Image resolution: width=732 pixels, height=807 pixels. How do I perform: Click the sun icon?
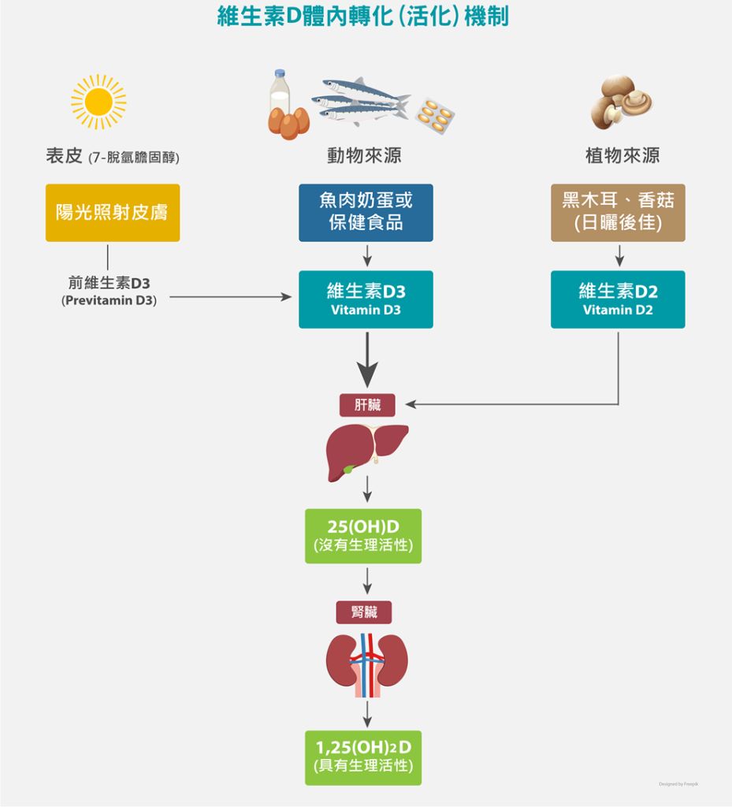pos(98,102)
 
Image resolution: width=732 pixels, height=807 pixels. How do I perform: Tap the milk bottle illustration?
pos(280,93)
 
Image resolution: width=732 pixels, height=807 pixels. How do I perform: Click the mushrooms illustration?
pos(621,102)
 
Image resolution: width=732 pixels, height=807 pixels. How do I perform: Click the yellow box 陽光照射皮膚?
pos(113,213)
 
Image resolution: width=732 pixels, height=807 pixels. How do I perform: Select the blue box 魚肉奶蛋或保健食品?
pos(366,213)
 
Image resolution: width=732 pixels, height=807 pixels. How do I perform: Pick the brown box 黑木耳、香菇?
pos(618,213)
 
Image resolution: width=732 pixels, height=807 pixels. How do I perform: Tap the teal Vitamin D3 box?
pos(366,299)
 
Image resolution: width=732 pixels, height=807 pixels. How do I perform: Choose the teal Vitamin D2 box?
pos(618,299)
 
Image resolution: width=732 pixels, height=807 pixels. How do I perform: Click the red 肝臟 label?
pos(367,405)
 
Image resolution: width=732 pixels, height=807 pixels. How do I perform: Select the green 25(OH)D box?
pos(363,536)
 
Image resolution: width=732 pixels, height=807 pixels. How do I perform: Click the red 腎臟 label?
pos(364,612)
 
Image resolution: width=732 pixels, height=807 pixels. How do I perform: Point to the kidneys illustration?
pos(366,665)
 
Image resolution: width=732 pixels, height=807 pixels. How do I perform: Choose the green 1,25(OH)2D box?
pos(363,757)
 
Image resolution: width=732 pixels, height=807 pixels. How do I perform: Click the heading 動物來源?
pos(364,156)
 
